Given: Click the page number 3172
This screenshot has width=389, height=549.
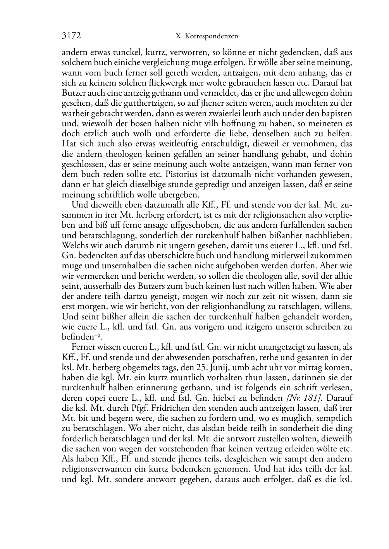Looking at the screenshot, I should (71, 36).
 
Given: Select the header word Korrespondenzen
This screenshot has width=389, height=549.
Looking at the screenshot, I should (212, 36).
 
